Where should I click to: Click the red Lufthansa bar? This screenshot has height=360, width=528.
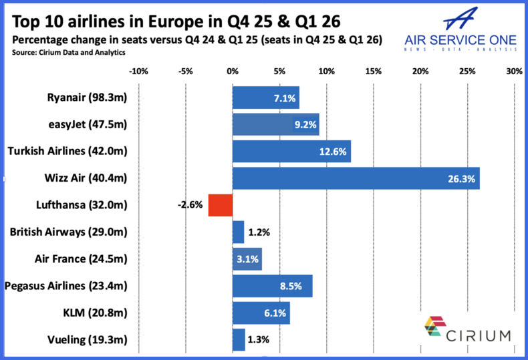pos(220,205)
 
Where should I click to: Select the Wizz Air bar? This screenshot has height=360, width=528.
pos(356,178)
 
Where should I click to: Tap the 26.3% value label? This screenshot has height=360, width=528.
pos(460,178)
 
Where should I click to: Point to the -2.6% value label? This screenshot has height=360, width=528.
pos(190,205)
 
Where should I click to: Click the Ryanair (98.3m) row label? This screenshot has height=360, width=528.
pos(87,98)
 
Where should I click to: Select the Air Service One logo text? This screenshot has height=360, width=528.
pos(461,39)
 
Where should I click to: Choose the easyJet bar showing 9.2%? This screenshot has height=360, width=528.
pos(275,124)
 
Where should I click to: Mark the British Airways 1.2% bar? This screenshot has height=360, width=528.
pos(238,232)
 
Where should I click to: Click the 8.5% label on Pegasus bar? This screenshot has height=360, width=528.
pos(291,286)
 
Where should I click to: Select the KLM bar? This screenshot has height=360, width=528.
pos(261,313)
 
